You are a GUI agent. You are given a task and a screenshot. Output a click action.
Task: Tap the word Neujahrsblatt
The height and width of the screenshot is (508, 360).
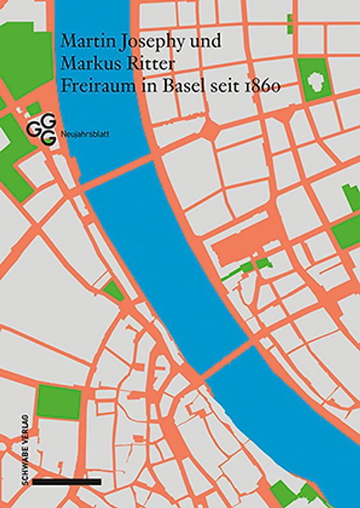(x=81, y=134)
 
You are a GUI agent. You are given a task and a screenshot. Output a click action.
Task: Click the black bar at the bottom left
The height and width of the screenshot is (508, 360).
(x=66, y=482)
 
